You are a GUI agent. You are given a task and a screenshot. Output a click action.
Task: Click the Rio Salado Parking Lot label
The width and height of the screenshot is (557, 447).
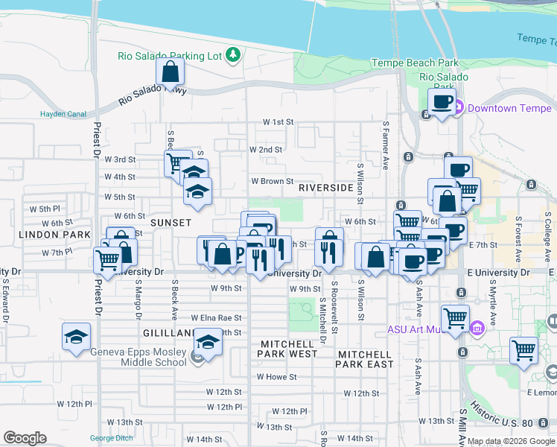(x=170, y=56)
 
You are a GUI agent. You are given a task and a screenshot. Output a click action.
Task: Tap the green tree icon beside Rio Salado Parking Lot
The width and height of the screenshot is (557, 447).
(x=233, y=54)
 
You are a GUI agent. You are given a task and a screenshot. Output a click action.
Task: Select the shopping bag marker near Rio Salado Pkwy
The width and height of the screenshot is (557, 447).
(x=171, y=73)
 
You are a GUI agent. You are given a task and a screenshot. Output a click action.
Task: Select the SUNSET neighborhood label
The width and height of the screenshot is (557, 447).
(x=171, y=223)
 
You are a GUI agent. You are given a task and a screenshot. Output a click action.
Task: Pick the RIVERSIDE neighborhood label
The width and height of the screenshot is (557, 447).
(x=325, y=188)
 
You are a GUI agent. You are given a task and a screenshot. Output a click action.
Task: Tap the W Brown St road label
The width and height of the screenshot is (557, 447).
(x=273, y=181)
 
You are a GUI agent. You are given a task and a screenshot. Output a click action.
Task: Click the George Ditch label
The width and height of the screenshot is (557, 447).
(x=111, y=438)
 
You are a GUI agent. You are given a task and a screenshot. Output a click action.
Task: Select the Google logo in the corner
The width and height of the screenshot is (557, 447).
(x=25, y=438)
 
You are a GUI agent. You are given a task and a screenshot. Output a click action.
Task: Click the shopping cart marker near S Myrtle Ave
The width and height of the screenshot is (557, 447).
(x=523, y=349)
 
